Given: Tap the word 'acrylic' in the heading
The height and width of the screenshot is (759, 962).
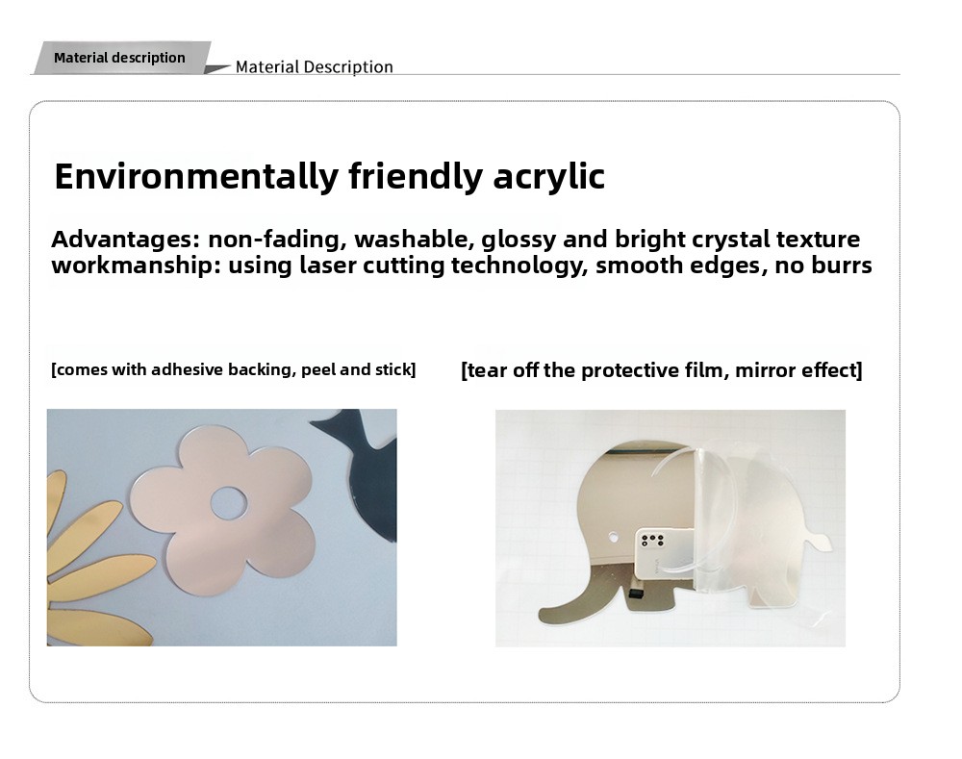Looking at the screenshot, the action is pos(549,177).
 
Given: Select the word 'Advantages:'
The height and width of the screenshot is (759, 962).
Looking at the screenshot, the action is pos(126,239).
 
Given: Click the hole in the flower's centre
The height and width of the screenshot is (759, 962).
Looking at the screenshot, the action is pos(229,502).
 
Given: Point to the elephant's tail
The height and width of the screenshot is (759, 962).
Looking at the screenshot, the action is pos(818,541).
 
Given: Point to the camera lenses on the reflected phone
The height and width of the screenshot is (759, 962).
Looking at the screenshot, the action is pos(652,541).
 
